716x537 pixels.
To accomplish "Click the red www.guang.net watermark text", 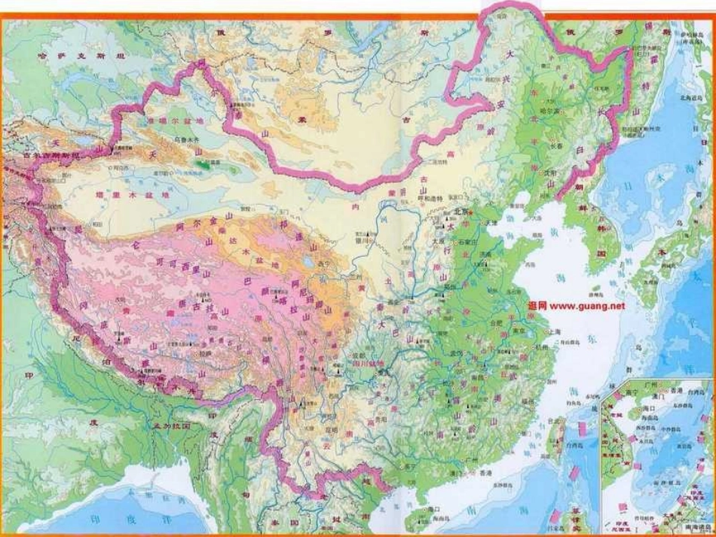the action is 577,306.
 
